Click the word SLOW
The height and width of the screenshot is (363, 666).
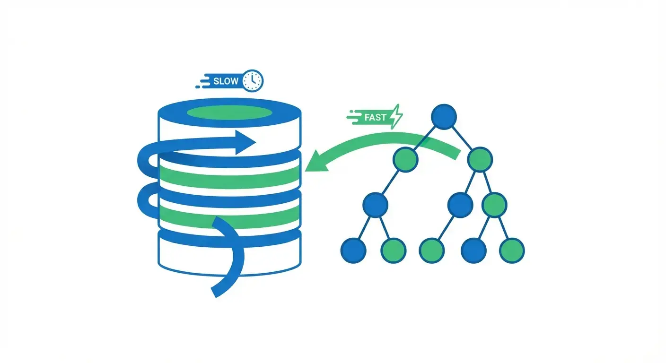[x=226, y=81]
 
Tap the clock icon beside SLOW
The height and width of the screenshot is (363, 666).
[x=253, y=81]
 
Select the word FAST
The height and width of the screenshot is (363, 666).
[x=376, y=117]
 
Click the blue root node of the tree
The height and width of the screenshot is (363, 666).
[x=444, y=117]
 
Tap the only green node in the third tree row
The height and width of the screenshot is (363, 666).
[x=494, y=205]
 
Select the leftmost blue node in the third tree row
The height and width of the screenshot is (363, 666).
[x=376, y=205]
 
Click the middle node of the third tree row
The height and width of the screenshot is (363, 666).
[x=460, y=205]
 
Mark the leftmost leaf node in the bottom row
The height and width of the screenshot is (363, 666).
[x=353, y=250]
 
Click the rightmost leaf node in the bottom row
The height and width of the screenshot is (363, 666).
[x=512, y=250]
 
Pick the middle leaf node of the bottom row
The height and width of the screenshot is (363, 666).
[x=432, y=250]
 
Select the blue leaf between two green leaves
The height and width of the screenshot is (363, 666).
[x=473, y=250]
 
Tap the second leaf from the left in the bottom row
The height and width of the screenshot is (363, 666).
[x=394, y=250]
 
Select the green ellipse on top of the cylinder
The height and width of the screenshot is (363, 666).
[x=229, y=113]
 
